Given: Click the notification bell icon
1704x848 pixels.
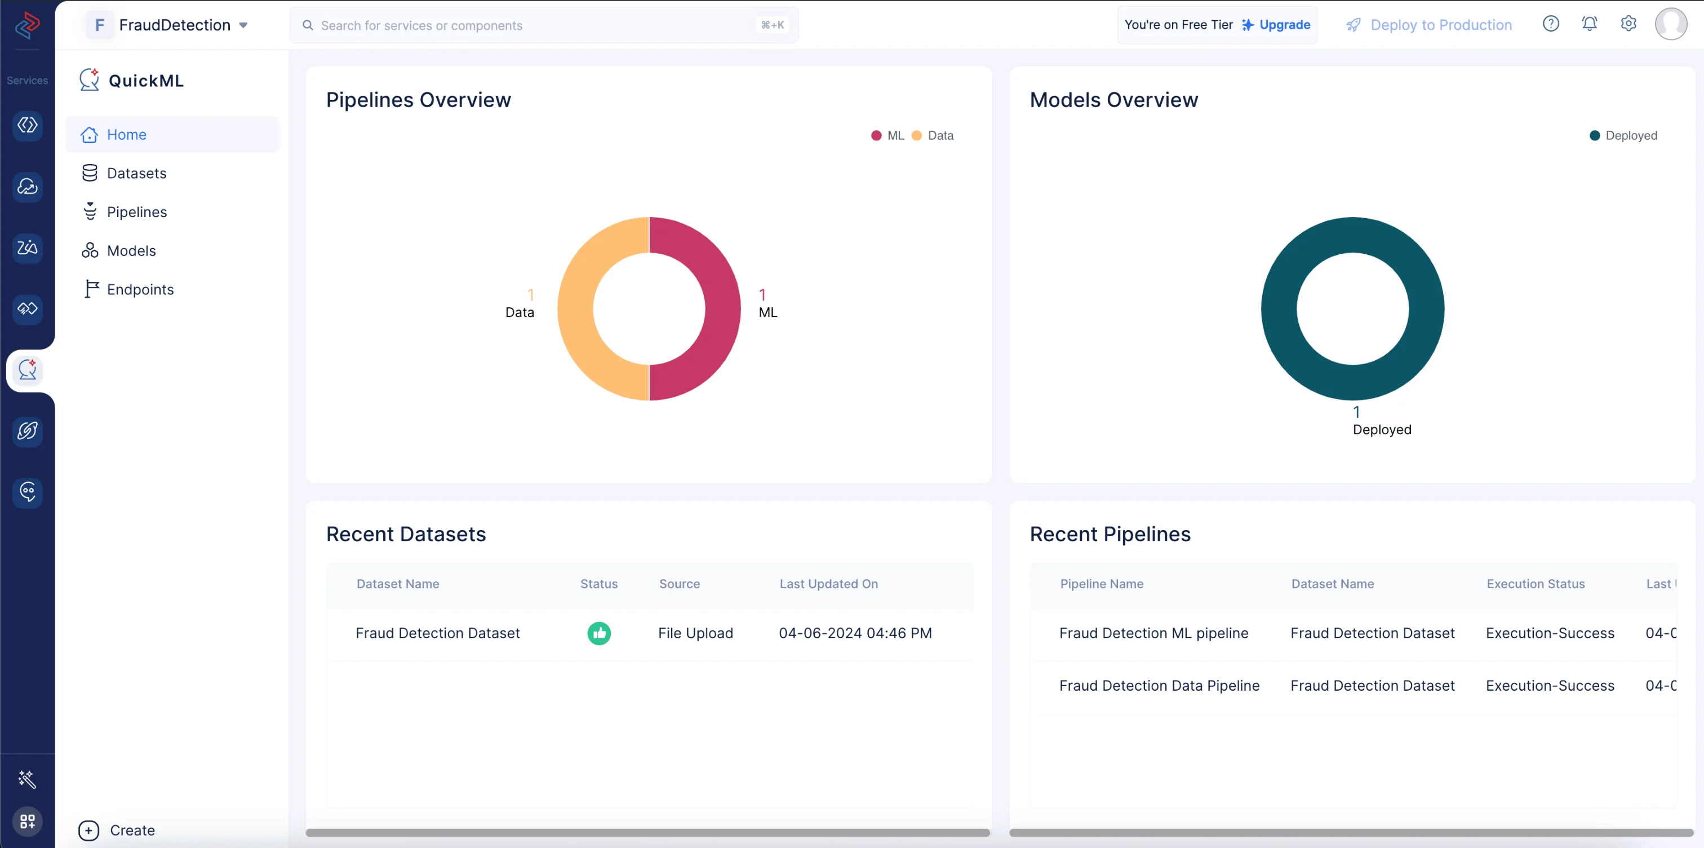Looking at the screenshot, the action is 1590,24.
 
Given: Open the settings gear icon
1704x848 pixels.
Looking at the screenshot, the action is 1628,24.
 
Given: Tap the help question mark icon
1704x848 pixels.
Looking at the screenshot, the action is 1551,24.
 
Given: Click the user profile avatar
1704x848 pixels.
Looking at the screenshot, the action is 1671,24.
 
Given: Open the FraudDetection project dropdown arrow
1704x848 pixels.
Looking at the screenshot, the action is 243,25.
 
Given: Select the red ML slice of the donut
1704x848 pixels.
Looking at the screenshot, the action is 723,308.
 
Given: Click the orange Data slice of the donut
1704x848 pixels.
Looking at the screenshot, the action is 575,308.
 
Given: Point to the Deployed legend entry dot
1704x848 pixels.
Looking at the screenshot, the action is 1595,136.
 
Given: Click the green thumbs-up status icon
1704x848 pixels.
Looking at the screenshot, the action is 600,634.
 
